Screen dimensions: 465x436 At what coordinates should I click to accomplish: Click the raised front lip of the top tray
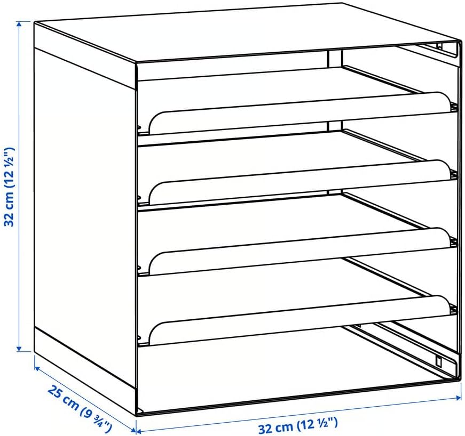click(x=300, y=114)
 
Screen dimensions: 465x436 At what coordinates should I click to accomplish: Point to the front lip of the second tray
click(x=300, y=182)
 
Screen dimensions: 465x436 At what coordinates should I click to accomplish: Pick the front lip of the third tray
click(x=300, y=250)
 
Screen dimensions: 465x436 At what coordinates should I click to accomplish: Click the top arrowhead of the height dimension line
click(x=20, y=25)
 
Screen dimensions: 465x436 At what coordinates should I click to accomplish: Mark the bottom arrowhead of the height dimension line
click(x=20, y=348)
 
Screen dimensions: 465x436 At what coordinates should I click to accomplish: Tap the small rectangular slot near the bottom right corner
click(x=438, y=360)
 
